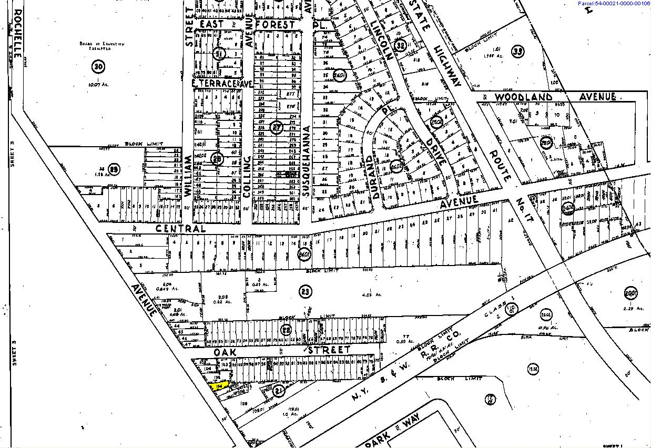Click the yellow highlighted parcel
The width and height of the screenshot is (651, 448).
pyautogui.click(x=218, y=386)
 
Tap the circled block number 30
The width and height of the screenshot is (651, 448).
pyautogui.click(x=98, y=66)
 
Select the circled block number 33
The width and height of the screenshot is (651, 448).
pyautogui.click(x=518, y=51)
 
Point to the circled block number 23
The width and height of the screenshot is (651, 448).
pyautogui.click(x=304, y=291)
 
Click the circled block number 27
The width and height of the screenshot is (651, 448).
pyautogui.click(x=277, y=127)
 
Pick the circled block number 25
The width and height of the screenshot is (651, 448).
pyautogui.click(x=115, y=169)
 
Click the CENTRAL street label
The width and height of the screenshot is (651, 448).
pyautogui.click(x=180, y=229)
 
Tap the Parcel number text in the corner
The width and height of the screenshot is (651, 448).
pyautogui.click(x=614, y=4)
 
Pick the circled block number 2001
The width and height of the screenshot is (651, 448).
pyautogui.click(x=630, y=293)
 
